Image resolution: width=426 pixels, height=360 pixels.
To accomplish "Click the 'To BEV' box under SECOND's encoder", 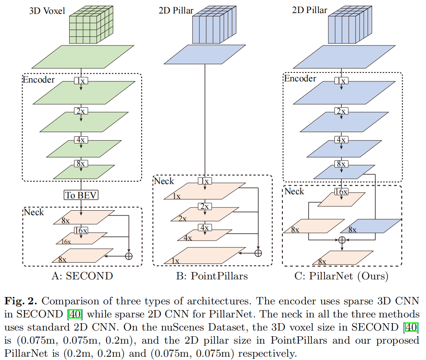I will (x=81, y=195).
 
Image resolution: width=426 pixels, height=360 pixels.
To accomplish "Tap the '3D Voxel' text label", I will (x=47, y=11).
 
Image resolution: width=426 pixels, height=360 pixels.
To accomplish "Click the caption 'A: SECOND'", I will (x=82, y=276).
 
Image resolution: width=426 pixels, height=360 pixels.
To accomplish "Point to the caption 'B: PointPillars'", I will (x=212, y=276).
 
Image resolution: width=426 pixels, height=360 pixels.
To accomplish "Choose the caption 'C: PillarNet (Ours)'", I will (x=341, y=276).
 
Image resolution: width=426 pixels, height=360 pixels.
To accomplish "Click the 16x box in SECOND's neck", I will (x=81, y=230).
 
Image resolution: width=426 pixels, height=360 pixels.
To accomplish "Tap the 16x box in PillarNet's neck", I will (x=340, y=191).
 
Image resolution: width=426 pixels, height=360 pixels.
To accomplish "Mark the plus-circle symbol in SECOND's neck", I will (x=129, y=256).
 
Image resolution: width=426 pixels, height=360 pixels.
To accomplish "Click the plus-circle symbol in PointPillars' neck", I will (x=258, y=253).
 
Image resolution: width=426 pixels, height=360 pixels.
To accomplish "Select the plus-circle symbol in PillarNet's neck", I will (x=341, y=240).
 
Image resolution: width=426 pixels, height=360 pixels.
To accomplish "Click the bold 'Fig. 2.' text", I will (x=21, y=301).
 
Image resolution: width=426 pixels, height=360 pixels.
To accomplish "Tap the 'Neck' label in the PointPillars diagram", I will (x=164, y=181).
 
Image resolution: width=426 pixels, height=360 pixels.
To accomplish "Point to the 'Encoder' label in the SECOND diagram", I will (x=39, y=79).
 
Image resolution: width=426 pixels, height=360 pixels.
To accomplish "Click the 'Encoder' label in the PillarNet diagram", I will (x=300, y=79).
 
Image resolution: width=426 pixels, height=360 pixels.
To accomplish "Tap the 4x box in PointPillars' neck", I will (x=204, y=227).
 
